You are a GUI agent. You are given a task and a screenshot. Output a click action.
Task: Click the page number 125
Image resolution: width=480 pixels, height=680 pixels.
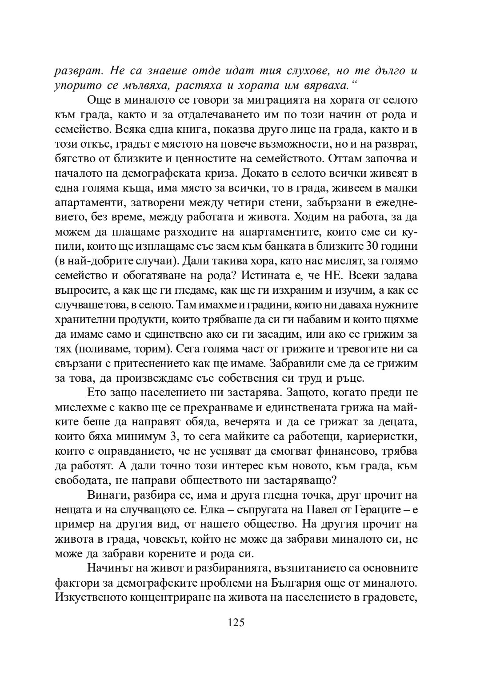[236, 622]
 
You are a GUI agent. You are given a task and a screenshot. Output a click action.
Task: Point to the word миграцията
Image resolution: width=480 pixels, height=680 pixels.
[241, 100]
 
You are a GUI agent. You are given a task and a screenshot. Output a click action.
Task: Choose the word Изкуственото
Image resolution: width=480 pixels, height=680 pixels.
[89, 597]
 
